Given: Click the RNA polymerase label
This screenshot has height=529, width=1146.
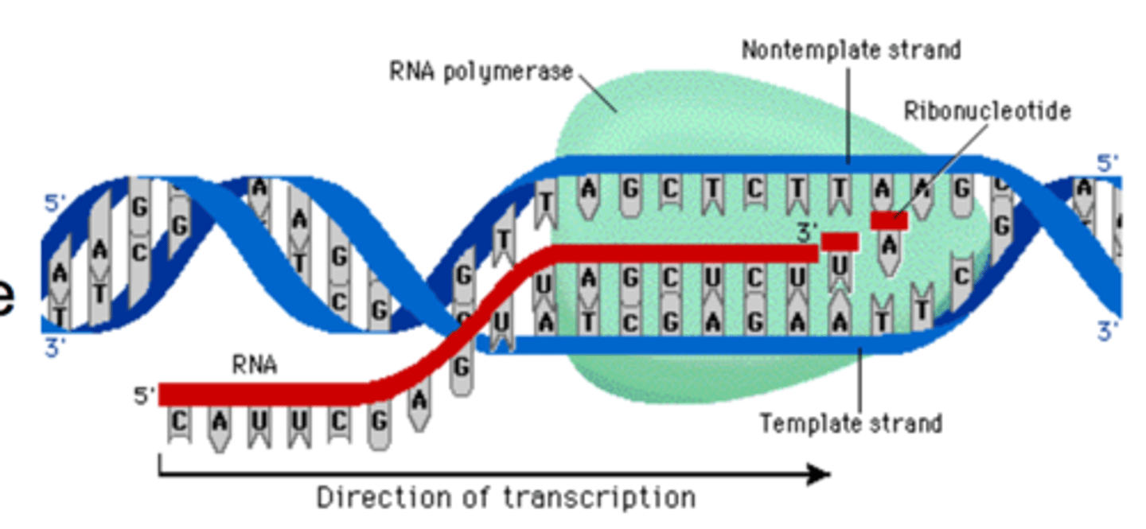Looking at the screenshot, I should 481,72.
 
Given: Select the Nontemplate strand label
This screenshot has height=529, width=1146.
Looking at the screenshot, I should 851,51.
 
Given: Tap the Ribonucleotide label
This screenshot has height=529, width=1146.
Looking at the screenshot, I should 987,111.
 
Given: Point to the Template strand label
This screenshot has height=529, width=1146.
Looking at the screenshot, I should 851,422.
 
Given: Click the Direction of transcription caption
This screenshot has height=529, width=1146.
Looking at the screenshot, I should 506,498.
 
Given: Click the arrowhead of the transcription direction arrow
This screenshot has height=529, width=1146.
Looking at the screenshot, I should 820,475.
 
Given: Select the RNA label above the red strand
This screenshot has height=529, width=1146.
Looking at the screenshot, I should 255,365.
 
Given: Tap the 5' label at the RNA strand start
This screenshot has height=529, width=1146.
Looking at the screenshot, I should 144,395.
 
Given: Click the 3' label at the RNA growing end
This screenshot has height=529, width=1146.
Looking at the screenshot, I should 807,232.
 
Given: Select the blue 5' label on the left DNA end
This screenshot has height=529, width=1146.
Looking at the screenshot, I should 53,204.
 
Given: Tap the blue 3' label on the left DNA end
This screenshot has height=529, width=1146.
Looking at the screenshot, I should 53,348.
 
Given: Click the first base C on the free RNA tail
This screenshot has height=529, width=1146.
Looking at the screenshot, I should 179,422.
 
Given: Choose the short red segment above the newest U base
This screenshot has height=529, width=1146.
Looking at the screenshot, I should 840,241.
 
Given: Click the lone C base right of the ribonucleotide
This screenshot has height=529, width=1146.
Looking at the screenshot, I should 961,278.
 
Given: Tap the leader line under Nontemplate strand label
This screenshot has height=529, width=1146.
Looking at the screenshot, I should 848,111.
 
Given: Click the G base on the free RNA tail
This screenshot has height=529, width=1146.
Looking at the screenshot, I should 379,424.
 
